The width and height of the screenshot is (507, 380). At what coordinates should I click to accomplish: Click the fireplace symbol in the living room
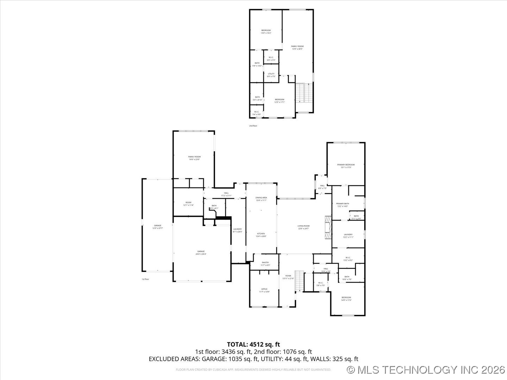[x=328, y=227]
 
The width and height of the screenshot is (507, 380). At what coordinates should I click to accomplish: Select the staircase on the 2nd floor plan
[x=303, y=93]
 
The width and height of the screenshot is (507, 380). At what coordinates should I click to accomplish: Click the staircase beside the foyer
[x=299, y=281]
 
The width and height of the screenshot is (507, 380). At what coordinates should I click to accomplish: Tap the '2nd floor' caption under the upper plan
[x=253, y=126]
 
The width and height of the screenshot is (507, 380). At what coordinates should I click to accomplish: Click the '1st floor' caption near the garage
[x=145, y=279]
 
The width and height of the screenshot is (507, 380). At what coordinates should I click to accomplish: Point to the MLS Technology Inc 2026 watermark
[x=426, y=370]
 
